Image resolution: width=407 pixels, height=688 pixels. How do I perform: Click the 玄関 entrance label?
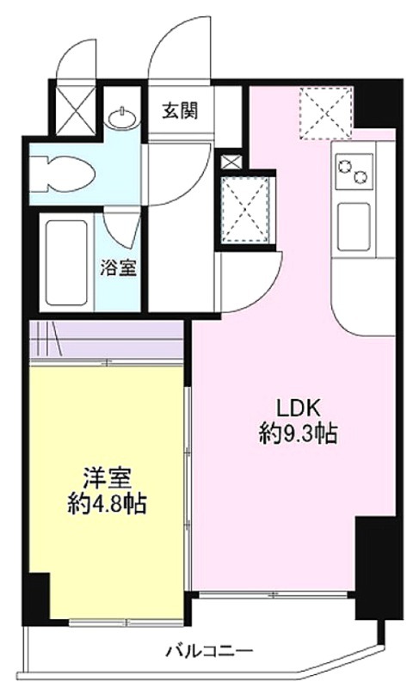(180, 110)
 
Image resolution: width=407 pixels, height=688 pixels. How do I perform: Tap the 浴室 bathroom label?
(119, 267)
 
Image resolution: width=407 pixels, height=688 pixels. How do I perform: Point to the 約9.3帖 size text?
(299, 434)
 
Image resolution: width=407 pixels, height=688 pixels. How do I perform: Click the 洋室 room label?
(108, 479)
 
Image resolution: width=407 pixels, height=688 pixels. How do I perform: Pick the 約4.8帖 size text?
(108, 504)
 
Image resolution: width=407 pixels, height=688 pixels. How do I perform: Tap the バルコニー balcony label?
(209, 650)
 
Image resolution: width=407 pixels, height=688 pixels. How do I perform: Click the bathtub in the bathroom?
(67, 262)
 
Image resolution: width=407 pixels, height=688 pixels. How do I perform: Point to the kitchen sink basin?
(354, 227)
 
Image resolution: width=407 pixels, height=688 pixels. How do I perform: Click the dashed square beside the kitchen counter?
(327, 114)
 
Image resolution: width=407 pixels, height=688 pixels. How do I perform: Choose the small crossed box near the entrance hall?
(231, 162)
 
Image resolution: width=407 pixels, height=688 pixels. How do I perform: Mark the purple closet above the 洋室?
(106, 340)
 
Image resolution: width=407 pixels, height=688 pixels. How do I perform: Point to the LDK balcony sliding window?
(274, 594)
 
